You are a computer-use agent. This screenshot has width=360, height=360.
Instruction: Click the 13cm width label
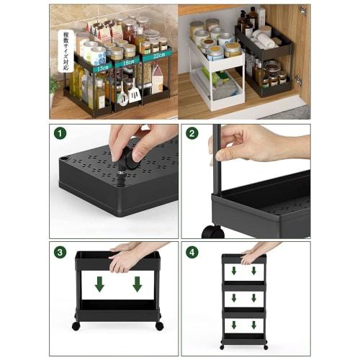(x=102, y=67)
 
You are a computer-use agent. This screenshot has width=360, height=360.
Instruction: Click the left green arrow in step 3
(x=99, y=284)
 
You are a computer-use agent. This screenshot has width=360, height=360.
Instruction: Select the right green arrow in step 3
(x=137, y=284)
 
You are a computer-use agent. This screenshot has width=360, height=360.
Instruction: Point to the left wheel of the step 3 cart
(x=76, y=325)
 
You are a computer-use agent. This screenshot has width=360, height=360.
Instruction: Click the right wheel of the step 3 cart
(x=159, y=325)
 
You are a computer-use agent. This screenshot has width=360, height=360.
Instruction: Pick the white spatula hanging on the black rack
(x=133, y=94)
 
